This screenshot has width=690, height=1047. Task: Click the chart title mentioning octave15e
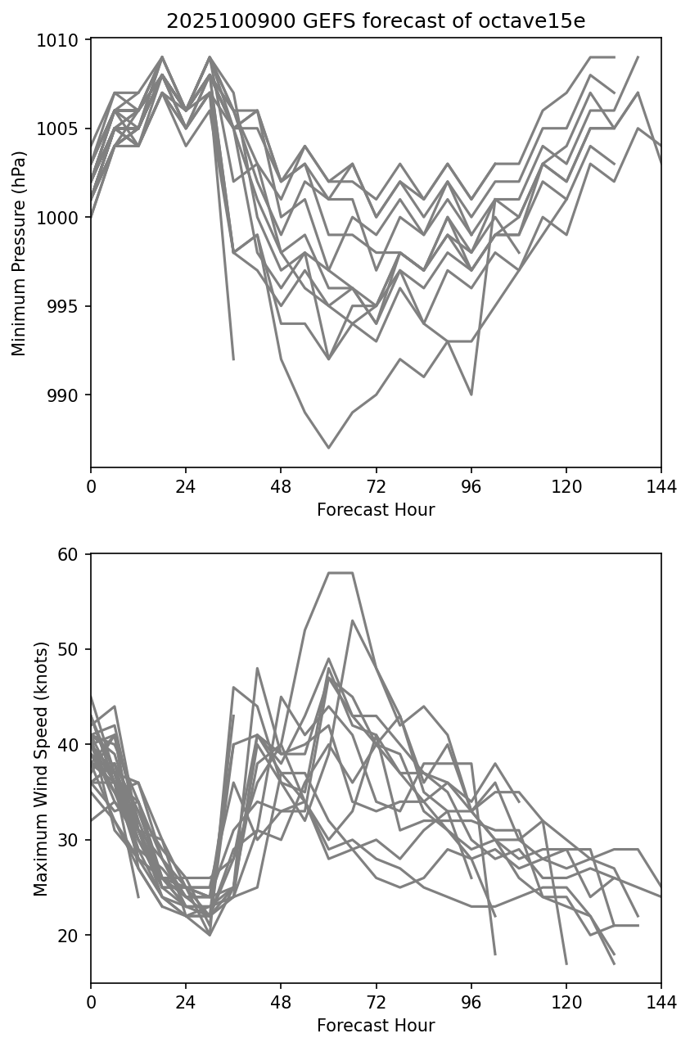pyautogui.click(x=376, y=21)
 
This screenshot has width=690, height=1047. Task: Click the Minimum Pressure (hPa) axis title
pyautogui.click(x=20, y=253)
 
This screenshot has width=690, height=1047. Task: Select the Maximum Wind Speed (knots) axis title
pyautogui.click(x=41, y=768)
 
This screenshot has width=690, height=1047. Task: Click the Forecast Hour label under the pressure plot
pyautogui.click(x=376, y=510)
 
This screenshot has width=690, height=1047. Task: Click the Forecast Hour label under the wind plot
pyautogui.click(x=376, y=1026)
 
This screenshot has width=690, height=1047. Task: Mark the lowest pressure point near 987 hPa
pyautogui.click(x=329, y=448)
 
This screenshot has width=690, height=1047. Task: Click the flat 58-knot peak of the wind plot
pyautogui.click(x=340, y=573)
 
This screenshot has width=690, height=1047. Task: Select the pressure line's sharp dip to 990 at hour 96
pyautogui.click(x=471, y=395)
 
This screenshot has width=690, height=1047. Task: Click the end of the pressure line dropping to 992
pyautogui.click(x=233, y=359)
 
